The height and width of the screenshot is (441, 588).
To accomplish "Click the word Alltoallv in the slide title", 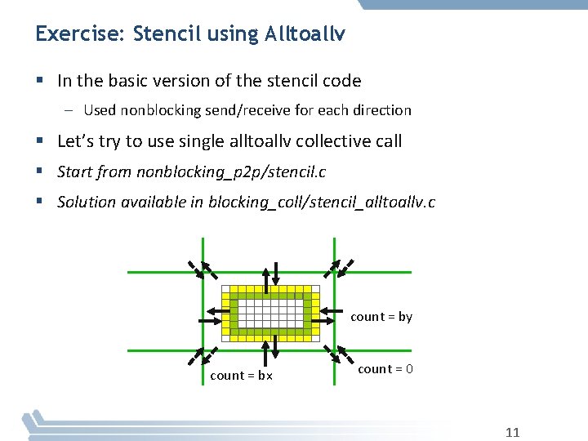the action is coord(305,34).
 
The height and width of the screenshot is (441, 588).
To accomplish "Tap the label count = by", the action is coord(381,317).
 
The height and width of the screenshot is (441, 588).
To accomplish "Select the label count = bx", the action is coord(241,376).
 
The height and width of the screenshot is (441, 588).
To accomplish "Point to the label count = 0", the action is coord(385,369).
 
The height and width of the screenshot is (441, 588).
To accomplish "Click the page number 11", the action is coord(512,432).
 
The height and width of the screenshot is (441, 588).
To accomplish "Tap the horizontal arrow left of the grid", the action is coord(216,311).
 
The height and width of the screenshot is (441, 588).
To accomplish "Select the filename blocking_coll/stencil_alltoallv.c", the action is coord(322,202).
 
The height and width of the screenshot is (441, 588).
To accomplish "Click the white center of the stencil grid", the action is coord(269,313).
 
